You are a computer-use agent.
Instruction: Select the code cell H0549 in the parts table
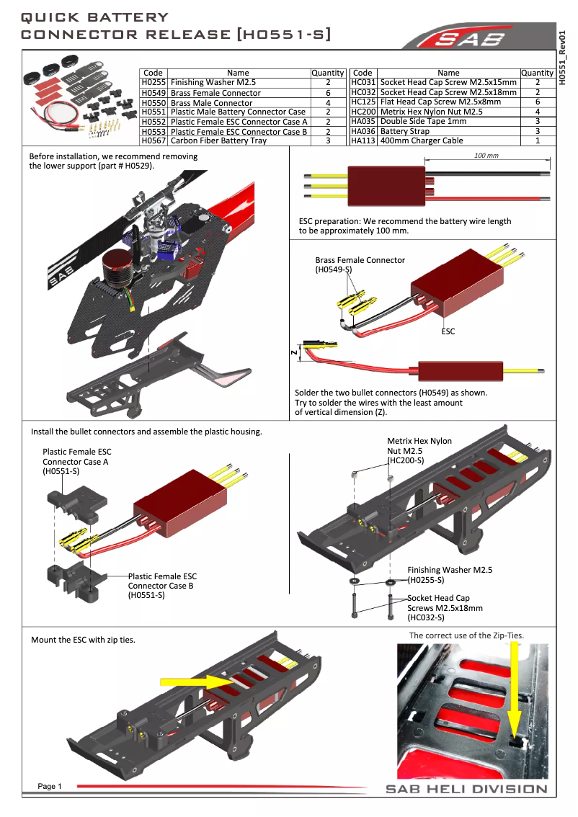point(153,93)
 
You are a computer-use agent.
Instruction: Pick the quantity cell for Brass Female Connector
point(327,93)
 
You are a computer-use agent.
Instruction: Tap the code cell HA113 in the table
point(363,140)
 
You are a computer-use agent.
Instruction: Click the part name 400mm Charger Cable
point(422,140)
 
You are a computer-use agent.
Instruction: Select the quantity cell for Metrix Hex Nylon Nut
point(538,112)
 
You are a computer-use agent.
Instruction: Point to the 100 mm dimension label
point(487,156)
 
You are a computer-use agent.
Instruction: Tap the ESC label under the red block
point(448,331)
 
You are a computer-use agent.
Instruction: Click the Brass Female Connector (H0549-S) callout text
point(360,264)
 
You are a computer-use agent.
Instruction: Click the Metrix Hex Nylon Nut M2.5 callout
point(419,450)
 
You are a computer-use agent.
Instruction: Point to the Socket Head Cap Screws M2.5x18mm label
point(445,607)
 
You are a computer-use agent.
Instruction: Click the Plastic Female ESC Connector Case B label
point(162,585)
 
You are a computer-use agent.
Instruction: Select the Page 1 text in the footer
point(50,786)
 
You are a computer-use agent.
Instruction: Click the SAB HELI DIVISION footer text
point(466,789)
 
